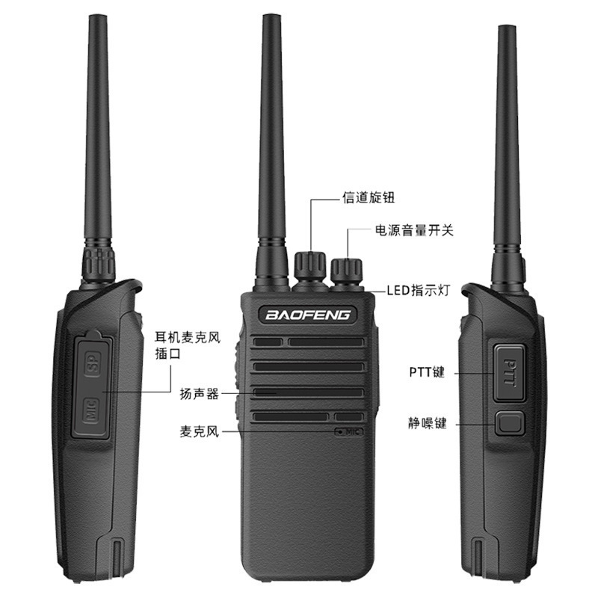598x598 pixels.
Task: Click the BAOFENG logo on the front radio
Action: click(308, 315)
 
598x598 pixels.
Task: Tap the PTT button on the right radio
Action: click(510, 372)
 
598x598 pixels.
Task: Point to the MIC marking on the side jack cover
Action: click(90, 410)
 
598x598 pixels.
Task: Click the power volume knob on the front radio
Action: click(346, 271)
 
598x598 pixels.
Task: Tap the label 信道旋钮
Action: click(368, 197)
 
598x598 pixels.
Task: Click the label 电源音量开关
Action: click(414, 230)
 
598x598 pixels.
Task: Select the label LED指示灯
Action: click(419, 291)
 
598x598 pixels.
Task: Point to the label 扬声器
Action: click(199, 394)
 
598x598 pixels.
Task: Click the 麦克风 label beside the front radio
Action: click(199, 432)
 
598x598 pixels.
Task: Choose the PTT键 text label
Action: click(427, 372)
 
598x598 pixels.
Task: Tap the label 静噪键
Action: click(427, 423)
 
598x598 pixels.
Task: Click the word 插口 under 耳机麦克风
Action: click(167, 354)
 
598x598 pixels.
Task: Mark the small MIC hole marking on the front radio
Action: click(349, 432)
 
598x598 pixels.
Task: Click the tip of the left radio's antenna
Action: click(96, 16)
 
